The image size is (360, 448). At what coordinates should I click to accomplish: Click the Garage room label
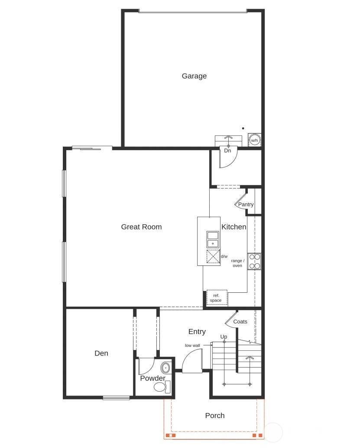[x=194, y=76]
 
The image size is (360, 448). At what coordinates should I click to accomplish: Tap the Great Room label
[x=141, y=227]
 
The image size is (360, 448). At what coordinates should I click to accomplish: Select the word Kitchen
[x=234, y=227]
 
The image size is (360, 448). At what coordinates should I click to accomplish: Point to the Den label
[x=101, y=353]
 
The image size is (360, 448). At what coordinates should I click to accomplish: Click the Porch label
[x=215, y=415]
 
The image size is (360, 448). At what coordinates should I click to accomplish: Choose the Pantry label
[x=246, y=204]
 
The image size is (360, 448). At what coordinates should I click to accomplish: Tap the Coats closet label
[x=240, y=321]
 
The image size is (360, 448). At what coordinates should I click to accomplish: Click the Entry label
[x=197, y=332]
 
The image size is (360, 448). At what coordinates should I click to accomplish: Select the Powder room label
[x=152, y=378]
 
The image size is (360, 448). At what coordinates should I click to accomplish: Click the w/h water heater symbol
[x=254, y=140]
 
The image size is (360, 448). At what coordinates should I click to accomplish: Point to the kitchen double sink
[x=213, y=239]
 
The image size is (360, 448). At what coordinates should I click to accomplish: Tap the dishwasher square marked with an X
[x=213, y=257]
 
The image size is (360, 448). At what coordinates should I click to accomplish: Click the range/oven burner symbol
[x=254, y=262]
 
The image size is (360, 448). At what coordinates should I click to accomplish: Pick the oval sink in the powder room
[x=165, y=368]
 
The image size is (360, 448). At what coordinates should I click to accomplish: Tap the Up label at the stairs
[x=224, y=337]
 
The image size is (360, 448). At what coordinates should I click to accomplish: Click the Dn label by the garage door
[x=227, y=151]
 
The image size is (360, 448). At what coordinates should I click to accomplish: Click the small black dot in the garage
[x=243, y=128]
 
